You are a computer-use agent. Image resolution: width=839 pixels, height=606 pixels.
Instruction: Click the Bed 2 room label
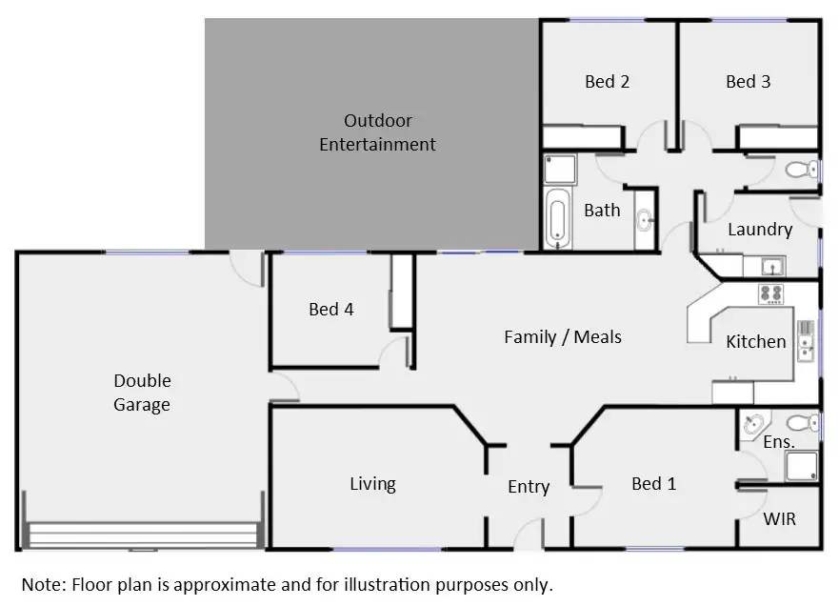(x=607, y=82)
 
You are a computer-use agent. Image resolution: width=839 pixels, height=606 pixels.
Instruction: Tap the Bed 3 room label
(x=748, y=82)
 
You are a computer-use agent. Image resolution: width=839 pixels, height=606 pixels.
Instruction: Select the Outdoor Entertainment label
(x=377, y=132)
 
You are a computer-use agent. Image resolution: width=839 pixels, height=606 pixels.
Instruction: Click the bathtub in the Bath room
(x=556, y=218)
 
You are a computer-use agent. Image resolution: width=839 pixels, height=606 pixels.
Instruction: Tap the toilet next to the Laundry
(x=801, y=171)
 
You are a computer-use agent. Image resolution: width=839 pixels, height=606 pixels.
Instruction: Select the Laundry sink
(x=770, y=266)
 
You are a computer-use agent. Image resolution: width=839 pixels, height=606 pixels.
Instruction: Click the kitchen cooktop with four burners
(x=770, y=294)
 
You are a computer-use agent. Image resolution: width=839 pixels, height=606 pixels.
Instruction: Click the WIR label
(x=779, y=519)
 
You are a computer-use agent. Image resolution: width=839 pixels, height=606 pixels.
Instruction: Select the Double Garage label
(x=143, y=393)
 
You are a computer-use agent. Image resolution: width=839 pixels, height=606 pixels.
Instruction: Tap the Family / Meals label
(x=562, y=336)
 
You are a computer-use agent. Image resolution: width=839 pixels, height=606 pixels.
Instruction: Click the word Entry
(x=528, y=487)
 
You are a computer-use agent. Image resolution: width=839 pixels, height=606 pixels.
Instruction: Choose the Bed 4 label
(x=330, y=309)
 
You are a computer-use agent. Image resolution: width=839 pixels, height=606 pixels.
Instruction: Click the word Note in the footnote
(x=42, y=584)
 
